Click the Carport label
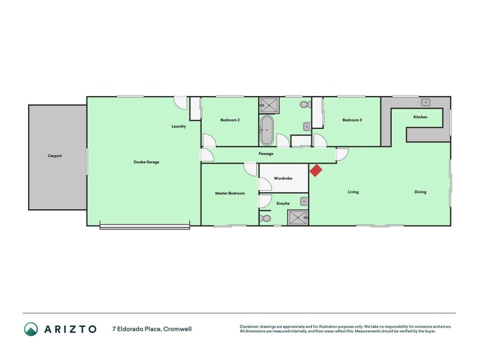[x=55, y=156]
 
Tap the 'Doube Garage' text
[x=146, y=162]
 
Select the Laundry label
[x=179, y=127]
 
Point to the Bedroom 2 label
[x=230, y=120]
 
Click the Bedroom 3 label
[x=352, y=120]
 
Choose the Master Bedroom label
[x=230, y=193]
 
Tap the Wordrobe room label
[x=283, y=178]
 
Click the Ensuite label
[x=283, y=203]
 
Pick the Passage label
[x=266, y=154]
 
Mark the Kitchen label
[x=420, y=117]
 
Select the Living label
[x=353, y=192]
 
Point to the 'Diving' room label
[x=420, y=192]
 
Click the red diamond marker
[x=316, y=170]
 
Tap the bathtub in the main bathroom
[x=267, y=130]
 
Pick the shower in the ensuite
[x=298, y=217]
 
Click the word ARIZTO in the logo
[x=70, y=329]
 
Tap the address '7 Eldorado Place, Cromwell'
[x=152, y=329]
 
